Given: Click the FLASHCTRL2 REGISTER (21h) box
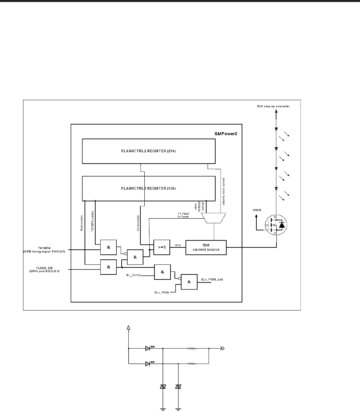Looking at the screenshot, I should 148,151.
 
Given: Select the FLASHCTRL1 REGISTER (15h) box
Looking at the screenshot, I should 148,188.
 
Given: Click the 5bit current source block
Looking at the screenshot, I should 206,247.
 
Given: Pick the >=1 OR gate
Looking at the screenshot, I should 162,247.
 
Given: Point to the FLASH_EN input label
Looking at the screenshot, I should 46,267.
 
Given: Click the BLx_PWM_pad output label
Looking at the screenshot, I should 212,279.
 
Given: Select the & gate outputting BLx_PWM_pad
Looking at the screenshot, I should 189,282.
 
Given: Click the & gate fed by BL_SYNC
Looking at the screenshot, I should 162,272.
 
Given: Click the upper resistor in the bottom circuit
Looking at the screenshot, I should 192,349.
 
